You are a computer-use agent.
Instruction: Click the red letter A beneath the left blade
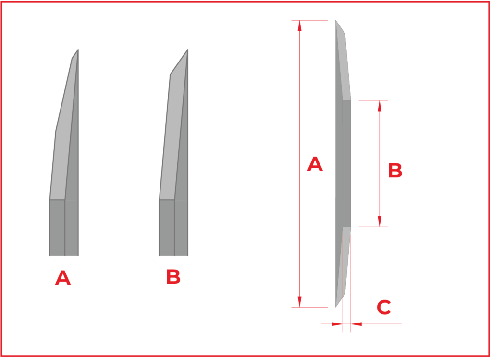click(x=63, y=278)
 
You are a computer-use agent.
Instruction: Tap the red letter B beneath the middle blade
click(x=173, y=277)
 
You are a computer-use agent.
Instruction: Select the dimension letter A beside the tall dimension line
click(x=315, y=164)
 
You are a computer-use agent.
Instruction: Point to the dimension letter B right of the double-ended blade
click(x=395, y=171)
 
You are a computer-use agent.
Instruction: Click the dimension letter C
click(x=384, y=307)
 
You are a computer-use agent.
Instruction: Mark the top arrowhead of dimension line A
click(x=300, y=25)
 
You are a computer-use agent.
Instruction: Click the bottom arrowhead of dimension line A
click(x=300, y=302)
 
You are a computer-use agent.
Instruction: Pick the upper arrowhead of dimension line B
click(x=380, y=106)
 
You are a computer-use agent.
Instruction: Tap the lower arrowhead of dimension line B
click(x=380, y=222)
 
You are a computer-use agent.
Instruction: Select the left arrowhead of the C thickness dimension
click(x=337, y=324)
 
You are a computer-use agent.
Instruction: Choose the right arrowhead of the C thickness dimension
click(x=357, y=324)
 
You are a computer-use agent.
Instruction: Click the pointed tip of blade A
click(x=78, y=50)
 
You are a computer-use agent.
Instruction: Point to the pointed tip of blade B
click(x=188, y=50)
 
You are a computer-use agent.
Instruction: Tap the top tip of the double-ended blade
click(x=336, y=20)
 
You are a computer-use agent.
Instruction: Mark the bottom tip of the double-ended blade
click(x=336, y=307)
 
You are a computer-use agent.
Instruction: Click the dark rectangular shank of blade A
click(x=64, y=228)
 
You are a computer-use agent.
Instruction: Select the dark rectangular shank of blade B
click(x=173, y=228)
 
